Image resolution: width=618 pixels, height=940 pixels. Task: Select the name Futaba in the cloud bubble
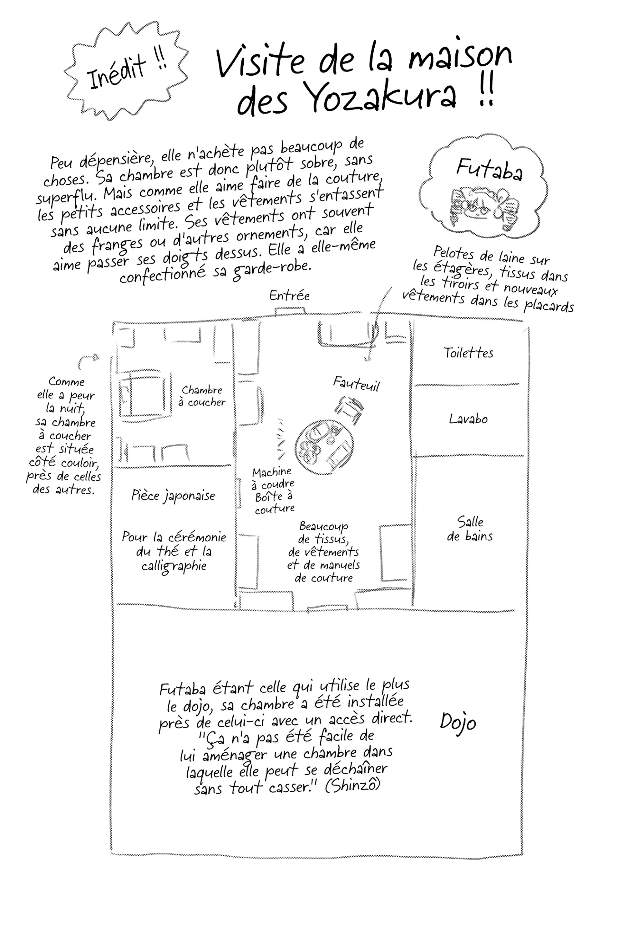pyautogui.click(x=489, y=169)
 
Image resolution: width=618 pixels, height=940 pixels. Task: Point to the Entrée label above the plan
pyautogui.click(x=289, y=295)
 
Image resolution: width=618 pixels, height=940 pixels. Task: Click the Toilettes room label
pyautogui.click(x=468, y=353)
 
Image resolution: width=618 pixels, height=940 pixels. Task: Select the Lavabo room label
pyautogui.click(x=468, y=419)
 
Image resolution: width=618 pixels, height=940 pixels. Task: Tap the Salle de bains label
pyautogui.click(x=470, y=529)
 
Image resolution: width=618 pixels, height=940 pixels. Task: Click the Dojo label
pyautogui.click(x=458, y=722)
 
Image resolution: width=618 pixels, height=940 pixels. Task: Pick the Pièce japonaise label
pyautogui.click(x=173, y=496)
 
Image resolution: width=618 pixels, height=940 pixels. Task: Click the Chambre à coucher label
pyautogui.click(x=202, y=396)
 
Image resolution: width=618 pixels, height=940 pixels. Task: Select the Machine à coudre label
pyautogui.click(x=273, y=478)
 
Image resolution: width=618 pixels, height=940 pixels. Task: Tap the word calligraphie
pyautogui.click(x=174, y=566)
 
